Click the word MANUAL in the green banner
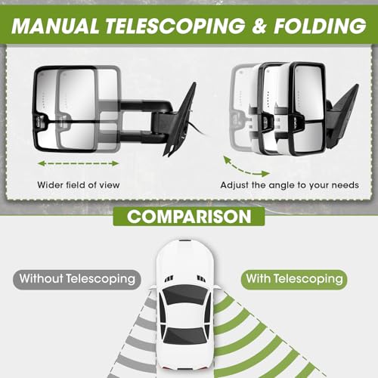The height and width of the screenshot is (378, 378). point(54,26)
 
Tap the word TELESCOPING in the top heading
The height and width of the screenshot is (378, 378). point(175,26)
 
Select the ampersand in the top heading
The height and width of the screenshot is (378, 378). point(259,26)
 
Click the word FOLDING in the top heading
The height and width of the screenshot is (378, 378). point(320,26)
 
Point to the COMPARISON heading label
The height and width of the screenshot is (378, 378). point(189,216)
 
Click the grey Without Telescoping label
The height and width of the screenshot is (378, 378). point(77,279)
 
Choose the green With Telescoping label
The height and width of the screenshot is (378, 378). point(294,279)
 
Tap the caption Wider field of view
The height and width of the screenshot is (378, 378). point(79,185)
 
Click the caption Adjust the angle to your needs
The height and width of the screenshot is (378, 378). point(290,185)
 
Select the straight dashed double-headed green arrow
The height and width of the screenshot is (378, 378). point(78,163)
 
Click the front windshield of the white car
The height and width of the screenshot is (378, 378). point(184,294)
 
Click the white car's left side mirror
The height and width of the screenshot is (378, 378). point(153,287)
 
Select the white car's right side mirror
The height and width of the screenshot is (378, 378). point(217,287)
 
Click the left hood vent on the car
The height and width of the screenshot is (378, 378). point(169,278)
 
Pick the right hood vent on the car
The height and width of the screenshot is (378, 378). point(201,278)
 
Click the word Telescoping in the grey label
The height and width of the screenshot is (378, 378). point(101,279)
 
